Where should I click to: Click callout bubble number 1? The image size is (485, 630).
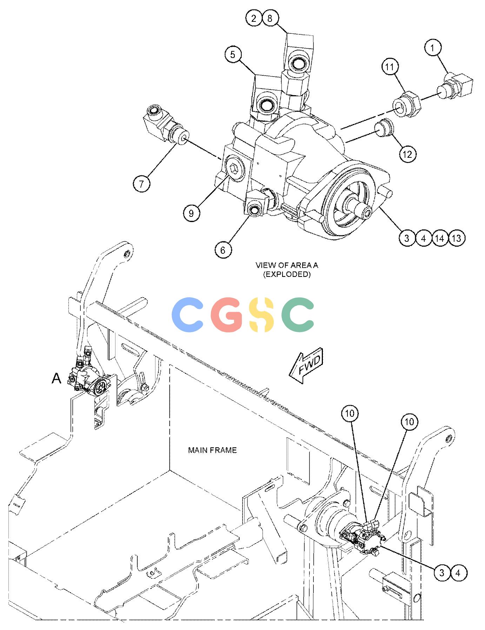tap(433, 48)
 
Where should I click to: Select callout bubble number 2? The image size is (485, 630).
tap(254, 18)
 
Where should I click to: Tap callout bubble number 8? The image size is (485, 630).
tap(270, 18)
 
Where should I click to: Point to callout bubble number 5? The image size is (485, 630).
tap(233, 55)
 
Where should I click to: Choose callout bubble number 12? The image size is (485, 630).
tap(407, 154)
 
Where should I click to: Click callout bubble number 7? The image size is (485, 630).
tap(141, 184)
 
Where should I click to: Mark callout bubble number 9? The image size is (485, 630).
tap(191, 213)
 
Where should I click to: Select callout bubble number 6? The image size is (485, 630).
tap(223, 250)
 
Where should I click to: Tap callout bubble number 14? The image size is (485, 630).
tap(440, 238)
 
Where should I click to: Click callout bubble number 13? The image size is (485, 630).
tap(457, 238)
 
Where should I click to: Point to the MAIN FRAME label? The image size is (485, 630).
tap(212, 450)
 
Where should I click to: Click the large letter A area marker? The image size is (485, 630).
tap(57, 378)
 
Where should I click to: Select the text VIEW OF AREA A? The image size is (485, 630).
tap(287, 265)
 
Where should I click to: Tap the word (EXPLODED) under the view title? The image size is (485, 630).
tap(287, 274)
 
